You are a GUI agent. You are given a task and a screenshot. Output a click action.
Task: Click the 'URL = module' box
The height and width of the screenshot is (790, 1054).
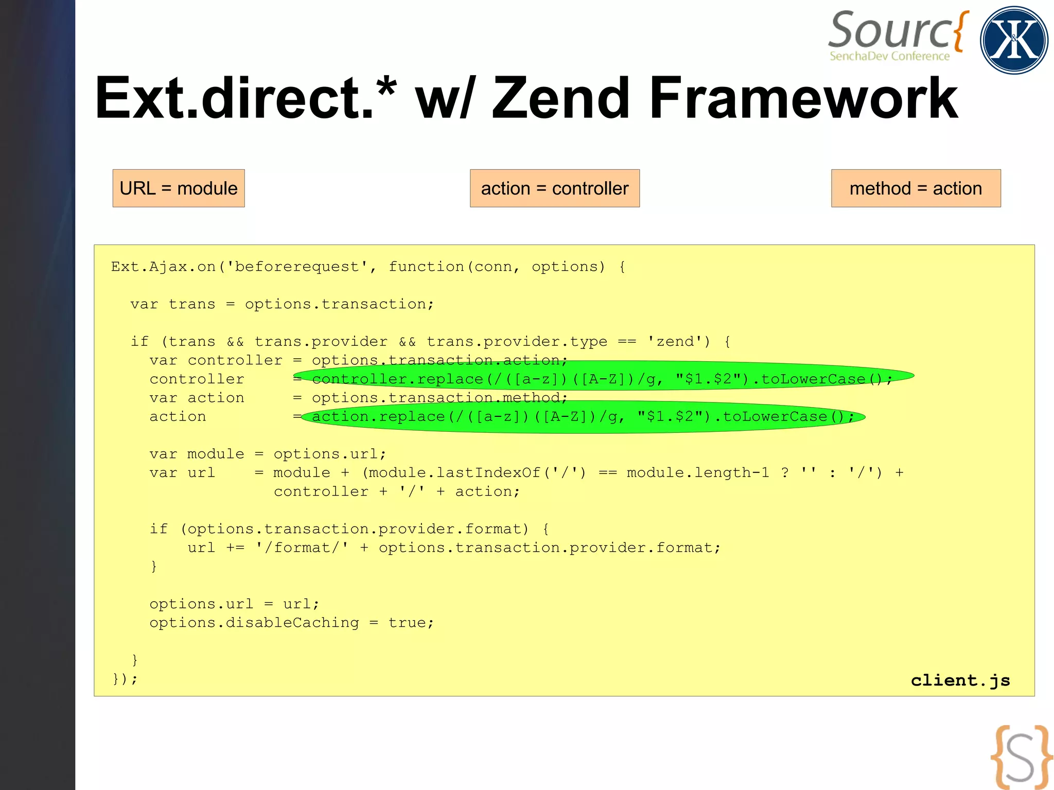click(179, 188)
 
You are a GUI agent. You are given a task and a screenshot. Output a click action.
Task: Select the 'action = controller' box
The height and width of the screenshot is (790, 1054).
click(554, 188)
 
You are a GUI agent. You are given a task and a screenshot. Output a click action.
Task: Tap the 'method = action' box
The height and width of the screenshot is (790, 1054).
click(916, 188)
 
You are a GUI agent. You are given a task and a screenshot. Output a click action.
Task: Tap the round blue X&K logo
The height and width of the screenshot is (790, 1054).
click(1013, 40)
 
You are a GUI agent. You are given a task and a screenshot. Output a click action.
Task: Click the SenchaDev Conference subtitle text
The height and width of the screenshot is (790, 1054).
click(889, 56)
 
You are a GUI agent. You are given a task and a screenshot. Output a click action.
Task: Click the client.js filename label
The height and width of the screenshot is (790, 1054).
click(960, 680)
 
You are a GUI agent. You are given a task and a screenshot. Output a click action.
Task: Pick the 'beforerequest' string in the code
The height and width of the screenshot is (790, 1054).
click(297, 267)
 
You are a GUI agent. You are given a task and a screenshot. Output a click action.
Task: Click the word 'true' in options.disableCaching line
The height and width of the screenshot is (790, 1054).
click(407, 623)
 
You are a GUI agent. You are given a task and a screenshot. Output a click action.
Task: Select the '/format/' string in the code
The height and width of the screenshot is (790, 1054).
click(302, 548)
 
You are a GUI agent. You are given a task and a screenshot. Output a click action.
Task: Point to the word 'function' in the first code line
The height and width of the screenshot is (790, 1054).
click(426, 267)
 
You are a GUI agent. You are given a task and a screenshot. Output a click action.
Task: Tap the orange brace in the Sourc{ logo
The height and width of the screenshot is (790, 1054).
click(960, 31)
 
